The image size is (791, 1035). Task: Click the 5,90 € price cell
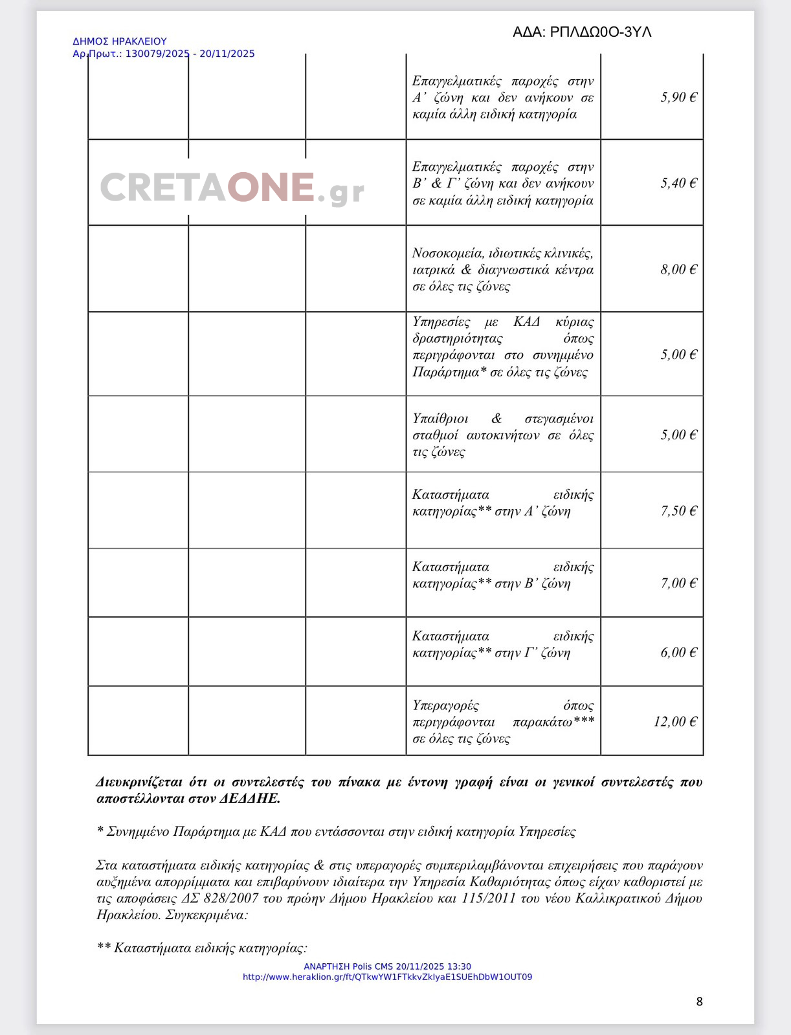tap(678, 97)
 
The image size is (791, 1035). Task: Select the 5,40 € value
tap(678, 183)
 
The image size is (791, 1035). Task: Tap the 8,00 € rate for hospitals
tap(678, 269)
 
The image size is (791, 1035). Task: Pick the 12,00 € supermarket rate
tap(675, 721)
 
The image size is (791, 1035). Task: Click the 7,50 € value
tap(678, 510)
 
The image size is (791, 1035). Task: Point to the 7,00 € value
tap(678, 583)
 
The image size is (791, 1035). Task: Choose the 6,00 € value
tap(678, 652)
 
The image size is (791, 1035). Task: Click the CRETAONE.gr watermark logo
tap(232, 188)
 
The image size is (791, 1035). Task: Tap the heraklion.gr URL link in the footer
tap(387, 977)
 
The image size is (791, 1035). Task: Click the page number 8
tap(699, 1001)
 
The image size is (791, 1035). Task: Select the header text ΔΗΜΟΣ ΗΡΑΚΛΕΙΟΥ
tap(120, 41)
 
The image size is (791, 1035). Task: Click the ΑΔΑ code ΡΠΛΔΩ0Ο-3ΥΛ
tap(601, 32)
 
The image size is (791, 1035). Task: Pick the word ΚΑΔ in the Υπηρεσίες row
tap(526, 321)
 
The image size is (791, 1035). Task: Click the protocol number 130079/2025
tap(157, 54)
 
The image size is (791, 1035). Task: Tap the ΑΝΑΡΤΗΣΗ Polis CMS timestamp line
tap(387, 966)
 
